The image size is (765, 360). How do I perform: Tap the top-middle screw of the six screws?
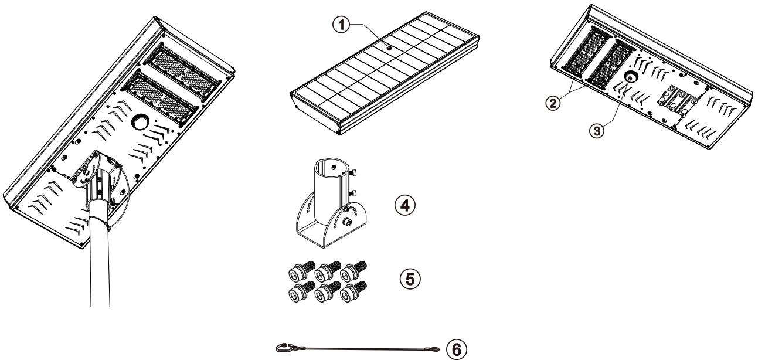(321, 271)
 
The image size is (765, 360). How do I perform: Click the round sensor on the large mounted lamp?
(141, 122)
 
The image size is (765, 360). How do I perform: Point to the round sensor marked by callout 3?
(630, 77)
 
